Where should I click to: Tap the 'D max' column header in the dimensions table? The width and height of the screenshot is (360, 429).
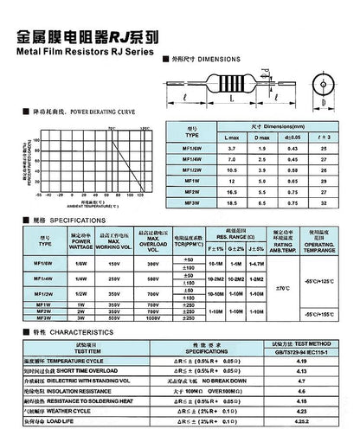click(x=265, y=137)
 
